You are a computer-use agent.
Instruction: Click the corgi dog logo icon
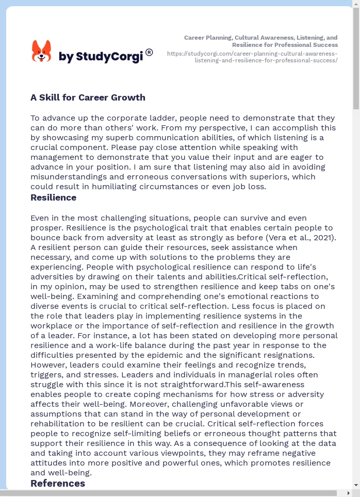tap(42, 52)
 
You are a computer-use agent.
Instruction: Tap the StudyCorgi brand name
tap(101, 57)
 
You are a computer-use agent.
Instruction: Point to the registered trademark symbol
tap(149, 52)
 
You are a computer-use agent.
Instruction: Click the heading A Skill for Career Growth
tap(88, 97)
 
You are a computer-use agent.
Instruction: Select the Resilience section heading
tap(53, 197)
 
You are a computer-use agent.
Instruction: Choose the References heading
tap(58, 483)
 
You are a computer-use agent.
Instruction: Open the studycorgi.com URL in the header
tap(252, 57)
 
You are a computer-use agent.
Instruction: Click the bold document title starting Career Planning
tap(260, 41)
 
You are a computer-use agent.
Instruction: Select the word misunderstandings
tap(72, 177)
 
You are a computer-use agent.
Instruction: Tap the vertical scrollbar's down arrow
tap(356, 485)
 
